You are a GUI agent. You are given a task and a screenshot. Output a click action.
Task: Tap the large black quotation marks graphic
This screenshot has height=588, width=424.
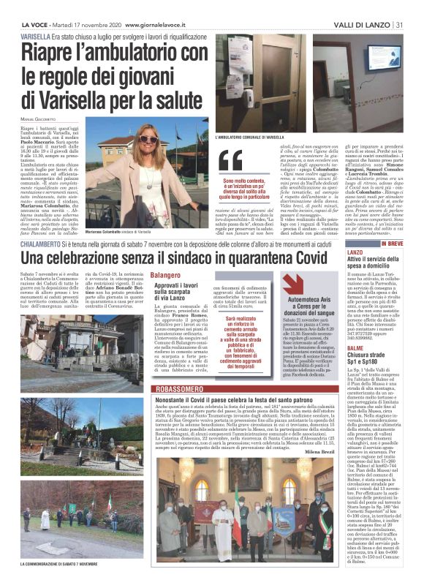pyautogui.click(x=232, y=159)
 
